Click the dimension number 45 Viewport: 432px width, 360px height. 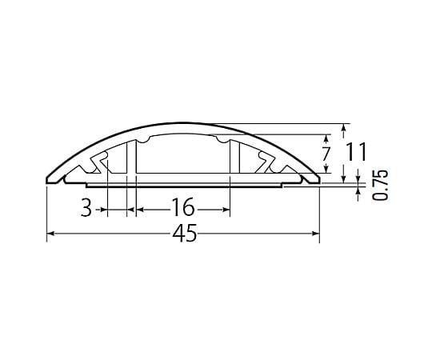pos(185,233)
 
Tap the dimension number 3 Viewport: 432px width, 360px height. pos(86,208)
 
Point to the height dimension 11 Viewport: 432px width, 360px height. pos(357,151)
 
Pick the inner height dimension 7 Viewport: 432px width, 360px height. pos(326,154)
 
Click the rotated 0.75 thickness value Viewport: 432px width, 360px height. pos(380,185)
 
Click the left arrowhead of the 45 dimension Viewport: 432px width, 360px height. pos(50,234)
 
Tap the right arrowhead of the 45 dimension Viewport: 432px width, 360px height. pos(316,234)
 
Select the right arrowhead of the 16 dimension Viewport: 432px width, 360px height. pos(226,210)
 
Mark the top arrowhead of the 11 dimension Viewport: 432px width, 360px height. pos(343,127)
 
